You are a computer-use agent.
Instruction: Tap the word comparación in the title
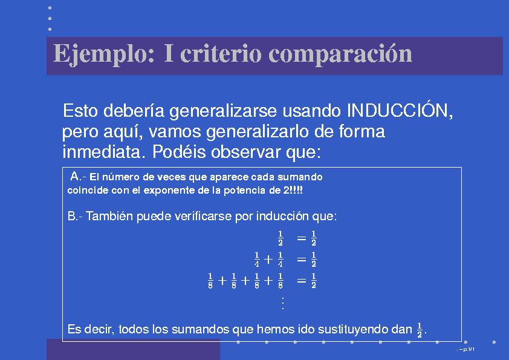click(x=340, y=54)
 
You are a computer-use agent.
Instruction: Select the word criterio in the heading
click(x=221, y=53)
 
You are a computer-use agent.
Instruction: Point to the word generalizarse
click(x=223, y=111)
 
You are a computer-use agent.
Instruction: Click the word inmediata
click(x=103, y=151)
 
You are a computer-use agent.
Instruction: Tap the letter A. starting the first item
click(x=77, y=176)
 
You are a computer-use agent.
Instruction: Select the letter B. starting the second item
click(x=73, y=216)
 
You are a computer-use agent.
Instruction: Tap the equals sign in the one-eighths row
click(x=302, y=280)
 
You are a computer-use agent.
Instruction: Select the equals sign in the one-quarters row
click(x=302, y=260)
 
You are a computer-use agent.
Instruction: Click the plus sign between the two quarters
click(x=268, y=260)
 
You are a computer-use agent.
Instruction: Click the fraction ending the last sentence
click(x=420, y=330)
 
